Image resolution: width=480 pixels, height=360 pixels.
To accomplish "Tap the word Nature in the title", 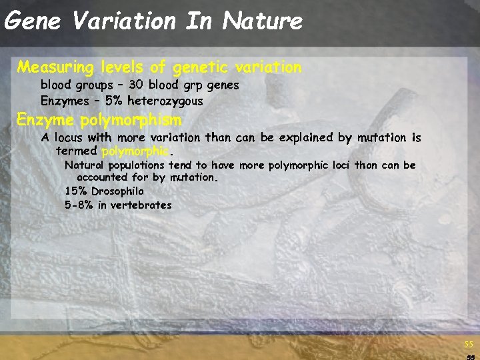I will click(x=263, y=21).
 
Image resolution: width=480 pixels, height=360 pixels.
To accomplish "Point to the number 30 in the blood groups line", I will click(x=136, y=85).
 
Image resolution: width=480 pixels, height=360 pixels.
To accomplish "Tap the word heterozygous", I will click(x=165, y=101).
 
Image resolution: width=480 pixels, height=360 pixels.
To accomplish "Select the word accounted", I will click(x=102, y=178).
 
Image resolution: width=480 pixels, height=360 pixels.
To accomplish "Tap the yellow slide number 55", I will click(x=469, y=345).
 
